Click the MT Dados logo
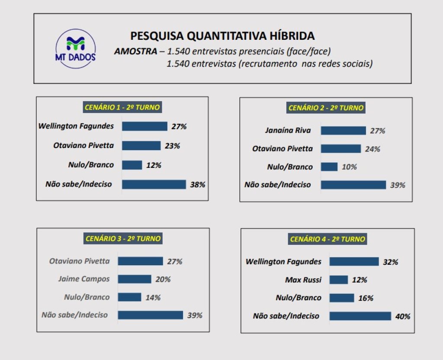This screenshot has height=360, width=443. (76, 48)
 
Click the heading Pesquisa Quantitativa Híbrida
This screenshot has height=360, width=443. (222, 35)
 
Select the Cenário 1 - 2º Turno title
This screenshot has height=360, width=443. (122, 108)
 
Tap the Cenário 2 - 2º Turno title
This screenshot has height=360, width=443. (326, 108)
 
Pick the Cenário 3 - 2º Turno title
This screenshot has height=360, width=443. (123, 238)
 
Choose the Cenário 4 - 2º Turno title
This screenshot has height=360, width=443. (327, 239)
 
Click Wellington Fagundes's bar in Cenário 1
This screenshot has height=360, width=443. (144, 126)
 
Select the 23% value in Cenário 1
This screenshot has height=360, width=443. (172, 146)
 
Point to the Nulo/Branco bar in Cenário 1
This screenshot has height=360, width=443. (132, 165)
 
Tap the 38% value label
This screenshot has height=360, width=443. (197, 184)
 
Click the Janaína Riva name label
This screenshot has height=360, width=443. (288, 130)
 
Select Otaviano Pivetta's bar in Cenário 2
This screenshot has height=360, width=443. (340, 149)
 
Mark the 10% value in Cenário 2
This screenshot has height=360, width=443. (349, 167)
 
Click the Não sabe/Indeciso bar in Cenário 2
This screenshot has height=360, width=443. (353, 185)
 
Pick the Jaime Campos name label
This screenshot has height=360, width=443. (84, 279)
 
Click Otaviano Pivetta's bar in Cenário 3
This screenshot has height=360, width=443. (140, 261)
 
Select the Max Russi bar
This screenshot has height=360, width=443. (338, 280)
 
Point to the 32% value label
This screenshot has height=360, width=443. (390, 262)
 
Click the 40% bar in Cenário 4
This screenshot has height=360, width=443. (360, 316)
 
